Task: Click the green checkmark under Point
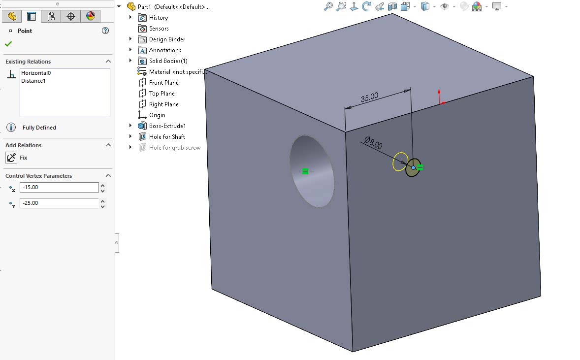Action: click(8, 44)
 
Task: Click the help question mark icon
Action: click(105, 31)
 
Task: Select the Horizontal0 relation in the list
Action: click(36, 73)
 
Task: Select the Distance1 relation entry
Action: click(33, 81)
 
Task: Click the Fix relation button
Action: click(11, 158)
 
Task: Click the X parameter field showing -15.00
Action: click(59, 188)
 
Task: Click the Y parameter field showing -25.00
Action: click(59, 203)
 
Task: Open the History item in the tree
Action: click(158, 18)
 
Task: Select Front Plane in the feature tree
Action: click(163, 83)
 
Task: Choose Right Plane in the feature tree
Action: click(163, 104)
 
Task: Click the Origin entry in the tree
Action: click(157, 115)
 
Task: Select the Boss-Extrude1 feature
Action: click(167, 126)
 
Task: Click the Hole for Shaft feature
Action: click(167, 137)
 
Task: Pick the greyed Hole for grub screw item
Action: click(174, 148)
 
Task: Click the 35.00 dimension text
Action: click(369, 98)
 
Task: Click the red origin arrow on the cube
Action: click(440, 97)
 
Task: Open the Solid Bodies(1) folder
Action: click(168, 61)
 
